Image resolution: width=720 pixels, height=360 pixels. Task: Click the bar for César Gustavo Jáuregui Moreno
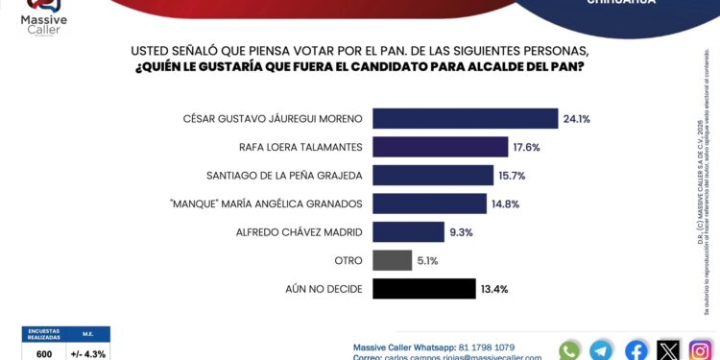pyautogui.click(x=465, y=119)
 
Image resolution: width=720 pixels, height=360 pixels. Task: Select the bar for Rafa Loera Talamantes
pyautogui.click(x=440, y=147)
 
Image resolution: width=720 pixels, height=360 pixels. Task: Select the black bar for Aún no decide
pyautogui.click(x=423, y=289)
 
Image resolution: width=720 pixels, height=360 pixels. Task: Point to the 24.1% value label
pyautogui.click(x=576, y=119)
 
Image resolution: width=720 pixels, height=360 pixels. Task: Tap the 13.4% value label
pyautogui.click(x=496, y=289)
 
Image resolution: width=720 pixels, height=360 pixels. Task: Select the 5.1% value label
pyautogui.click(x=426, y=260)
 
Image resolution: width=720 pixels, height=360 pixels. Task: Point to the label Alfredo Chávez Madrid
pyautogui.click(x=300, y=232)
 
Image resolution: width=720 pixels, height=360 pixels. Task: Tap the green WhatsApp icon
pyautogui.click(x=569, y=350)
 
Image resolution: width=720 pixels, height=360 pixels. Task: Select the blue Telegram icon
pyautogui.click(x=602, y=350)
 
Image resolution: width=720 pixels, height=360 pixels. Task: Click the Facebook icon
pyautogui.click(x=636, y=350)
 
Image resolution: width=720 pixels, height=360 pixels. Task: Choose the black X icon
pyautogui.click(x=668, y=350)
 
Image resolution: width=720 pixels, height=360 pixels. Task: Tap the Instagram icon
pyautogui.click(x=701, y=350)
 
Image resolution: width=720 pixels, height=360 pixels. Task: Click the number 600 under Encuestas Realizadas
pyautogui.click(x=44, y=353)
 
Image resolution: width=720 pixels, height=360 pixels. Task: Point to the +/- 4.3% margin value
pyautogui.click(x=88, y=353)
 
